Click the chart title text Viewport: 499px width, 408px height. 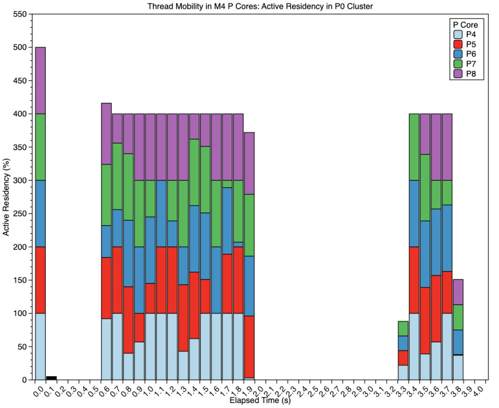(249, 6)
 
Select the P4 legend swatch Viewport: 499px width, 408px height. (458, 35)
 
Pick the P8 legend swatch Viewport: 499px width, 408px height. (458, 74)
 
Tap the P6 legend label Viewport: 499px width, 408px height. (471, 54)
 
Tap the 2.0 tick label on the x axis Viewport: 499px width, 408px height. (258, 389)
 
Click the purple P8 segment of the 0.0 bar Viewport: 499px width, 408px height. (40, 80)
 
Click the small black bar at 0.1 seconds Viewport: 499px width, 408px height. (51, 378)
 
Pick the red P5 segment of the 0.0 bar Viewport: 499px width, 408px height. (40, 280)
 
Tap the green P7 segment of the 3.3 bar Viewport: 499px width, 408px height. (403, 328)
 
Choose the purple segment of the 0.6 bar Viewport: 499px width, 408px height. (106, 134)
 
